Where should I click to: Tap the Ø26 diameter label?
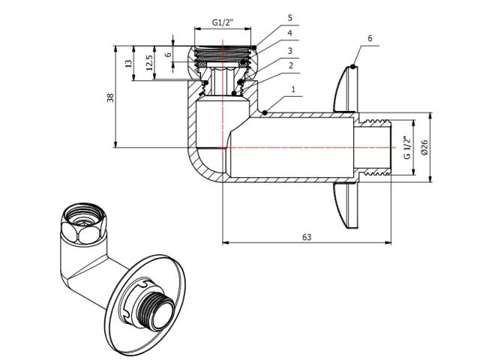coord(424,147)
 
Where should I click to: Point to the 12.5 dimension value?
coord(149,62)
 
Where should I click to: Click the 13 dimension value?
coord(128,64)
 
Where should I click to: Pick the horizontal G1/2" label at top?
coord(223,22)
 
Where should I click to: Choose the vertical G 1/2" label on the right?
coord(407,147)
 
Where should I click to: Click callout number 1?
coord(294,88)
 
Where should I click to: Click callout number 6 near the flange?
coord(370,36)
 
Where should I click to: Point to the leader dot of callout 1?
coord(267,114)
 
